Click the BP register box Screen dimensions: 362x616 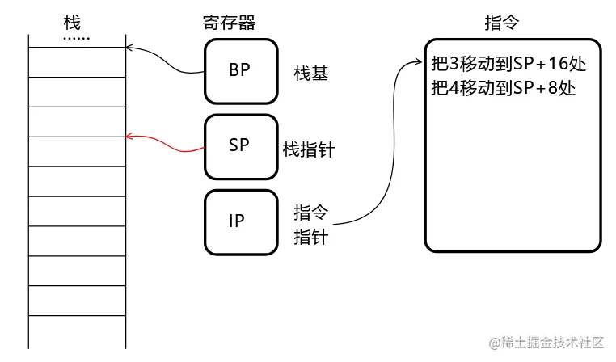coord(239,70)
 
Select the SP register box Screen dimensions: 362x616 coord(239,146)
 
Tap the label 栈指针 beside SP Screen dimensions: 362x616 coord(309,149)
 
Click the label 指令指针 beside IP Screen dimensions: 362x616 coord(310,225)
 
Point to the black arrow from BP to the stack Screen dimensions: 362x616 coord(166,58)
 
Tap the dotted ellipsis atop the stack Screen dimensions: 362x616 coord(77,37)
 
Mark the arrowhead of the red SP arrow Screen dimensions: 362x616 coord(129,137)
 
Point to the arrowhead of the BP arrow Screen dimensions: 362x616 coord(129,48)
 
